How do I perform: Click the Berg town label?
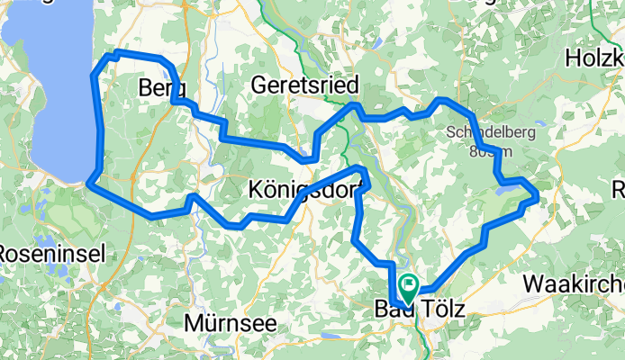click(x=163, y=88)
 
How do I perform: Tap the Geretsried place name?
click(x=306, y=85)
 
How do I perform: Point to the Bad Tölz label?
click(x=420, y=310)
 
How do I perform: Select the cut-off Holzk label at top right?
click(x=594, y=59)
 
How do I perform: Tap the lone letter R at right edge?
click(x=619, y=190)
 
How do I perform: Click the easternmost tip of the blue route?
click(x=537, y=194)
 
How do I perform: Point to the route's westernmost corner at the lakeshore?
click(x=89, y=185)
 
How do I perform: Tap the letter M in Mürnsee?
click(x=193, y=321)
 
